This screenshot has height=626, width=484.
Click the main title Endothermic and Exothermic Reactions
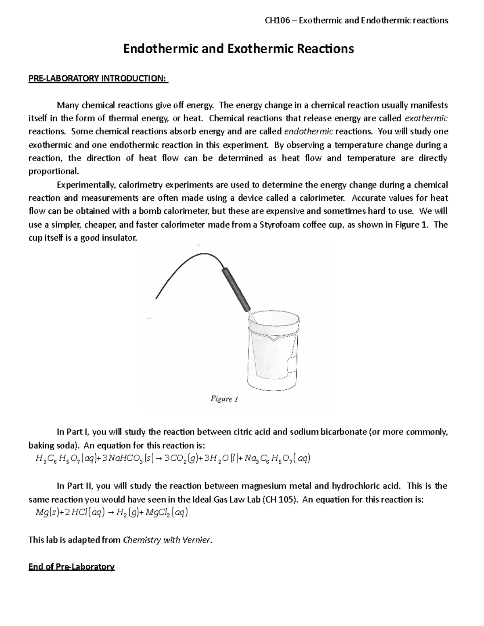pos(238,49)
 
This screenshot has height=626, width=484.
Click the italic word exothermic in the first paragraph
pos(426,118)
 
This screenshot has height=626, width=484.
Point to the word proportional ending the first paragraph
pos(53,171)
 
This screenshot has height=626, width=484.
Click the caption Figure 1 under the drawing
pos(224,399)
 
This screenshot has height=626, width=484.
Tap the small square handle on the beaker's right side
pos(291,365)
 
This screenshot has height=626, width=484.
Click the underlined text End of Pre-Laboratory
pos(71,567)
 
